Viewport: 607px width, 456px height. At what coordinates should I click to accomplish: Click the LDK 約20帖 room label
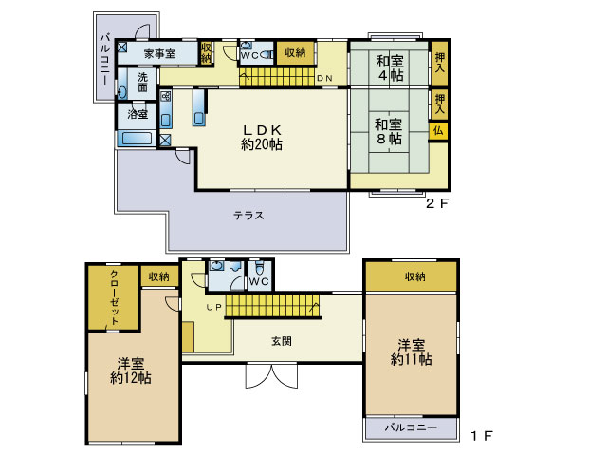[262, 137]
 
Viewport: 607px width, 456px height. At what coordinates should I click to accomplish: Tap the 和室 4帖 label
[390, 67]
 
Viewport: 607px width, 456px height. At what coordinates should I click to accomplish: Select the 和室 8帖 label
[389, 131]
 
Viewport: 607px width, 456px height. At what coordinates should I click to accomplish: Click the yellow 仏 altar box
[438, 131]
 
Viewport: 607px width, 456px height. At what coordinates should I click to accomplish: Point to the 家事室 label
[159, 53]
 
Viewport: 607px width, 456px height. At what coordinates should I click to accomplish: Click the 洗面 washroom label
[143, 82]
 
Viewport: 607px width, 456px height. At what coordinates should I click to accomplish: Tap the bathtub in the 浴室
[137, 139]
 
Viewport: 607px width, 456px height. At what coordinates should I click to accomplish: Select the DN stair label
[324, 78]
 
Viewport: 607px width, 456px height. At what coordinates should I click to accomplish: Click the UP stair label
[214, 308]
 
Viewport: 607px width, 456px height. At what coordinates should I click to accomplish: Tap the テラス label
[248, 216]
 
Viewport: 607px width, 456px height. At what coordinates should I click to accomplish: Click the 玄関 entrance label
[282, 341]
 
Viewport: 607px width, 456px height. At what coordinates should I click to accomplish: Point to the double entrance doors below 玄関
[272, 375]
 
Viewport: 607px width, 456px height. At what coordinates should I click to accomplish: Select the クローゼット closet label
[114, 297]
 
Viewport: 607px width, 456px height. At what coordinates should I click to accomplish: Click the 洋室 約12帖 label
[131, 370]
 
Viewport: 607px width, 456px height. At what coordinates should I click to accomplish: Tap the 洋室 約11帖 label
[411, 352]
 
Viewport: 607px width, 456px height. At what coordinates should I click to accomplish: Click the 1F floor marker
[482, 436]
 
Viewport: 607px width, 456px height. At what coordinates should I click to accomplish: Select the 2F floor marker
[437, 203]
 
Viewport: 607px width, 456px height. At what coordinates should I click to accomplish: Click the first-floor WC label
[259, 282]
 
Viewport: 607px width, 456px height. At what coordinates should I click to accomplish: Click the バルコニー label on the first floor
[411, 427]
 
